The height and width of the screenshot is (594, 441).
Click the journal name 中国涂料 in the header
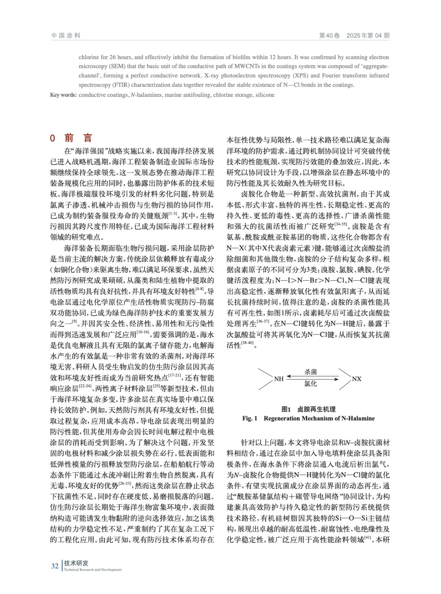[66, 36]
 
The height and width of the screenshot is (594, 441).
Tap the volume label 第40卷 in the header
[330, 36]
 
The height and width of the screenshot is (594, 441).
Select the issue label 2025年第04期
[368, 36]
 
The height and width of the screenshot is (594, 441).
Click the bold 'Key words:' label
[64, 95]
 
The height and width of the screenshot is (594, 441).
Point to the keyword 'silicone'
[265, 95]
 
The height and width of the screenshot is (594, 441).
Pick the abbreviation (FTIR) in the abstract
[120, 85]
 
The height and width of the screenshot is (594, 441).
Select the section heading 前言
[78, 138]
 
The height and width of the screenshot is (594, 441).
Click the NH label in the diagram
[279, 379]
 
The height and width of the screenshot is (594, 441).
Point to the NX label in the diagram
[357, 379]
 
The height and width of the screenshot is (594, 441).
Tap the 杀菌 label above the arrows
[311, 372]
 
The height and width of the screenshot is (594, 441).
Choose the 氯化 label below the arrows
[311, 384]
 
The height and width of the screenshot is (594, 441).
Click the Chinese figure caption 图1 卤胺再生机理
[308, 409]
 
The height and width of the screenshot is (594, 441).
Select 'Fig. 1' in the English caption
[250, 418]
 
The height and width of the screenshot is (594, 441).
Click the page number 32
[55, 566]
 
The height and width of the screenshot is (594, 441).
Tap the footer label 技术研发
[76, 563]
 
